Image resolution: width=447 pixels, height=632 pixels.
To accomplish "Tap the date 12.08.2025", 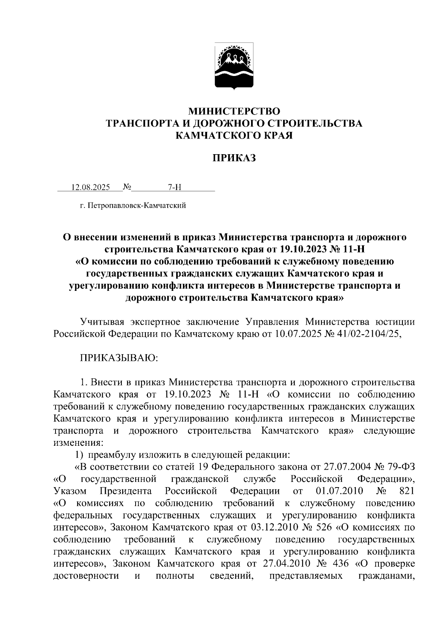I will click(91, 187).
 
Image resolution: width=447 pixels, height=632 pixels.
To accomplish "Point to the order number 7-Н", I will click(174, 187).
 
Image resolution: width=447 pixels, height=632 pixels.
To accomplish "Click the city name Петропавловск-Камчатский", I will click(137, 205).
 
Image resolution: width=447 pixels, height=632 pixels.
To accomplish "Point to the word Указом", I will click(70, 491).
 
